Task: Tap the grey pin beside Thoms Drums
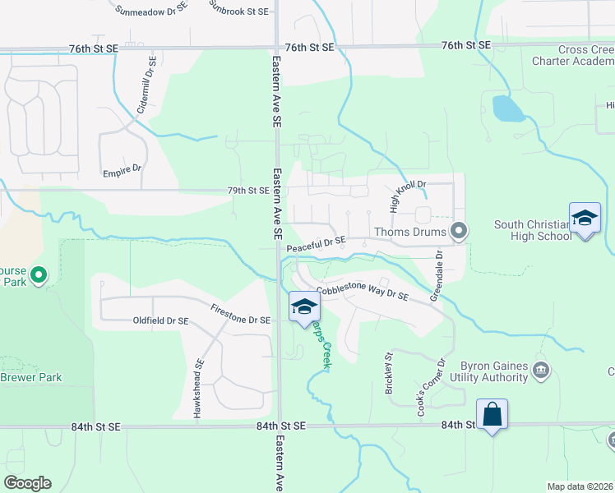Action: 459,231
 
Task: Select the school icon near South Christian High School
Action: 585,219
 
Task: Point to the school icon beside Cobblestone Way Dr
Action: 303,307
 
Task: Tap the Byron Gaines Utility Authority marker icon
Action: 541,368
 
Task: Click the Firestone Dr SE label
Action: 241,315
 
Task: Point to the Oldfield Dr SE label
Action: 160,320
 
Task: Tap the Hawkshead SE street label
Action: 198,389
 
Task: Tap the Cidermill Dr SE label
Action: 145,85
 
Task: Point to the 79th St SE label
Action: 249,191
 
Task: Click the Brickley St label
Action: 389,375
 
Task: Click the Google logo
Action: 27,483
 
